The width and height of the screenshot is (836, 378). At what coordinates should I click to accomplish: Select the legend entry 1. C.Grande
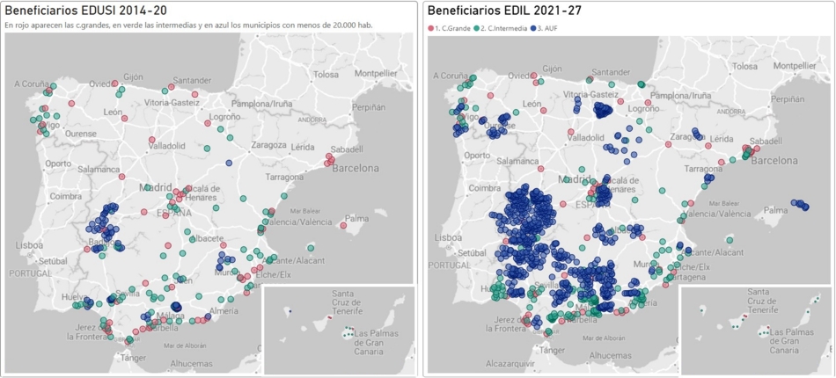[x=451, y=28]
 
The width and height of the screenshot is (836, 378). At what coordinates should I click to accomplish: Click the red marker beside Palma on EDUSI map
[x=343, y=226]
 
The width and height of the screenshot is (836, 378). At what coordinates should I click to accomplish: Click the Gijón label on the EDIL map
[x=552, y=69]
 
